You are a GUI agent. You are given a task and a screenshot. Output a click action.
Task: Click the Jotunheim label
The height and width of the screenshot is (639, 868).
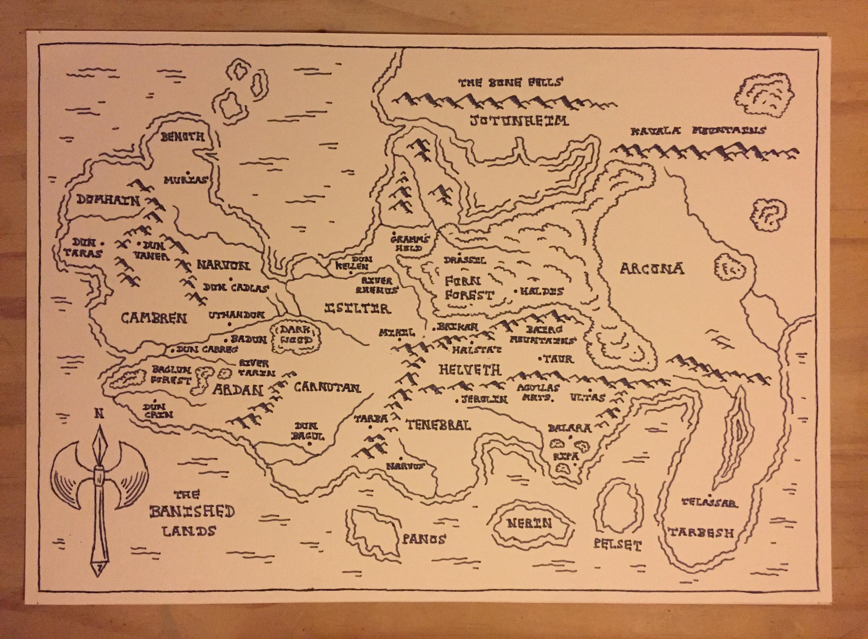[x=519, y=121]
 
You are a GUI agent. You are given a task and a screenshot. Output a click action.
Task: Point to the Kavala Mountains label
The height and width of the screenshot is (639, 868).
[x=698, y=131]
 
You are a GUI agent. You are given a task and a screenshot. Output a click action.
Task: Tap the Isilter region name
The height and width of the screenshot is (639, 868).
[x=358, y=308]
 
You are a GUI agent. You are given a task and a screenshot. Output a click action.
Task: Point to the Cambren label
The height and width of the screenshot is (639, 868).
[x=154, y=318]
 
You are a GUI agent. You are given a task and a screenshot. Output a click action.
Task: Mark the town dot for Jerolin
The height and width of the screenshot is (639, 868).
[x=457, y=400]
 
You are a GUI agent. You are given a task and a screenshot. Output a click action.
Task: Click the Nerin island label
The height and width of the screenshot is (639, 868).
[x=529, y=524]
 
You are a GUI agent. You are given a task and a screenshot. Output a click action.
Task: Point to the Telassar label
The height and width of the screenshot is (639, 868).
[x=709, y=502]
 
